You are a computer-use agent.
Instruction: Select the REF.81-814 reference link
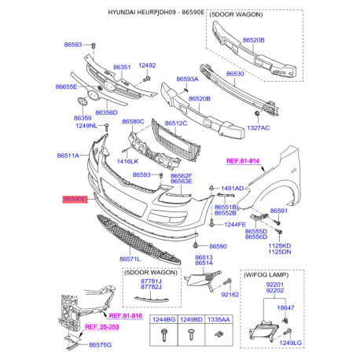244,160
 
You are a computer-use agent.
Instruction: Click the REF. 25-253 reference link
102,326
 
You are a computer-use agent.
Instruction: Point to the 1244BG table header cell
163,321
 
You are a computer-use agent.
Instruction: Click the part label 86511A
68,156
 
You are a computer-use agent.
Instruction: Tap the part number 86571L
130,258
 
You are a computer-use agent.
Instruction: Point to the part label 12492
148,65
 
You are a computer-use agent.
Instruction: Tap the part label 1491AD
233,189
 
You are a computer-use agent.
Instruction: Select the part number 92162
230,295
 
